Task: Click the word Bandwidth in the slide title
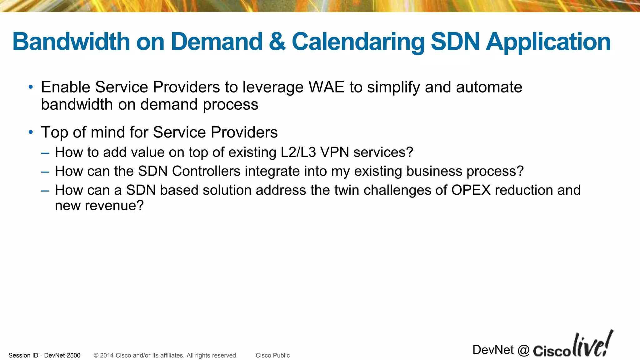click(x=71, y=42)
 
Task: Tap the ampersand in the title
click(x=277, y=42)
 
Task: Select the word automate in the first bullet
click(x=489, y=87)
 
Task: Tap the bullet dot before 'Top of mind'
click(x=31, y=132)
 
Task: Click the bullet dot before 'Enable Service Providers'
click(x=31, y=87)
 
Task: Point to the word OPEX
click(x=471, y=190)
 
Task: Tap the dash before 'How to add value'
click(x=45, y=153)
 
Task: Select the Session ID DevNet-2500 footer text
click(x=44, y=355)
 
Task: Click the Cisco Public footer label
click(x=272, y=355)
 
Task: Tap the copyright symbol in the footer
click(x=96, y=355)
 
